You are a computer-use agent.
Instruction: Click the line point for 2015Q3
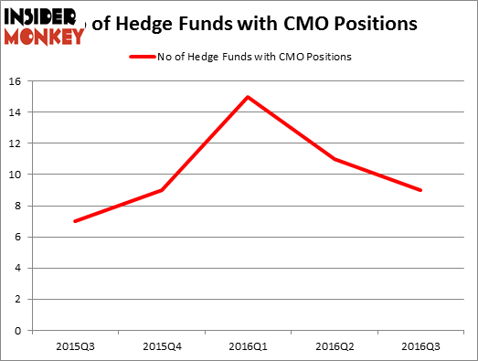point(74,221)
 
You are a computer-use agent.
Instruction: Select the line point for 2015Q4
point(161,190)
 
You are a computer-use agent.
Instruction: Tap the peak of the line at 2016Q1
point(248,97)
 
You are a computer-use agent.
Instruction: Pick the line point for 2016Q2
point(335,159)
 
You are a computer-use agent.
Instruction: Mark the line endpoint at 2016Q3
point(420,190)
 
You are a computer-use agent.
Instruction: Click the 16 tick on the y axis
point(16,81)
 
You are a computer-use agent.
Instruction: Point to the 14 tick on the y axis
point(16,112)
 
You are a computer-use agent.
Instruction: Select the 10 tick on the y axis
point(16,175)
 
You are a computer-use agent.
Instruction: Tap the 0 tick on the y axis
point(19,330)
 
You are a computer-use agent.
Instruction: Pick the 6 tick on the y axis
point(19,237)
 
